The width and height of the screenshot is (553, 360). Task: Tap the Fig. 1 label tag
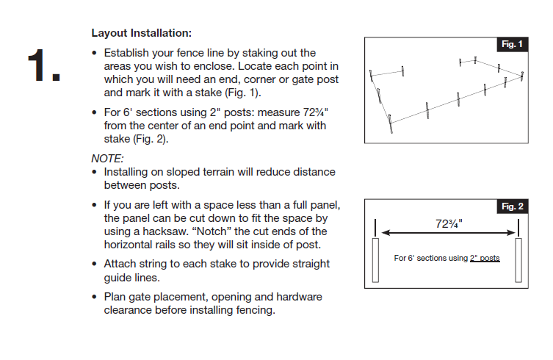pyautogui.click(x=512, y=45)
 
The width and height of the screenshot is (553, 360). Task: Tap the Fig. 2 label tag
pyautogui.click(x=512, y=206)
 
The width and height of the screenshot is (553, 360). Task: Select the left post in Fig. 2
pyautogui.click(x=375, y=260)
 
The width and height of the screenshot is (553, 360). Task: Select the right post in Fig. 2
pyautogui.click(x=519, y=260)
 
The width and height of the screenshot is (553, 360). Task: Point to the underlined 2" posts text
pyautogui.click(x=485, y=258)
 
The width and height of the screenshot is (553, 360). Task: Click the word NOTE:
pyautogui.click(x=107, y=159)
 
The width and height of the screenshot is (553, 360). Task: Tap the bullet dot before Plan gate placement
pyautogui.click(x=95, y=298)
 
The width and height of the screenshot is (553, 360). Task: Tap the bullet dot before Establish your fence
pyautogui.click(x=95, y=54)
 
